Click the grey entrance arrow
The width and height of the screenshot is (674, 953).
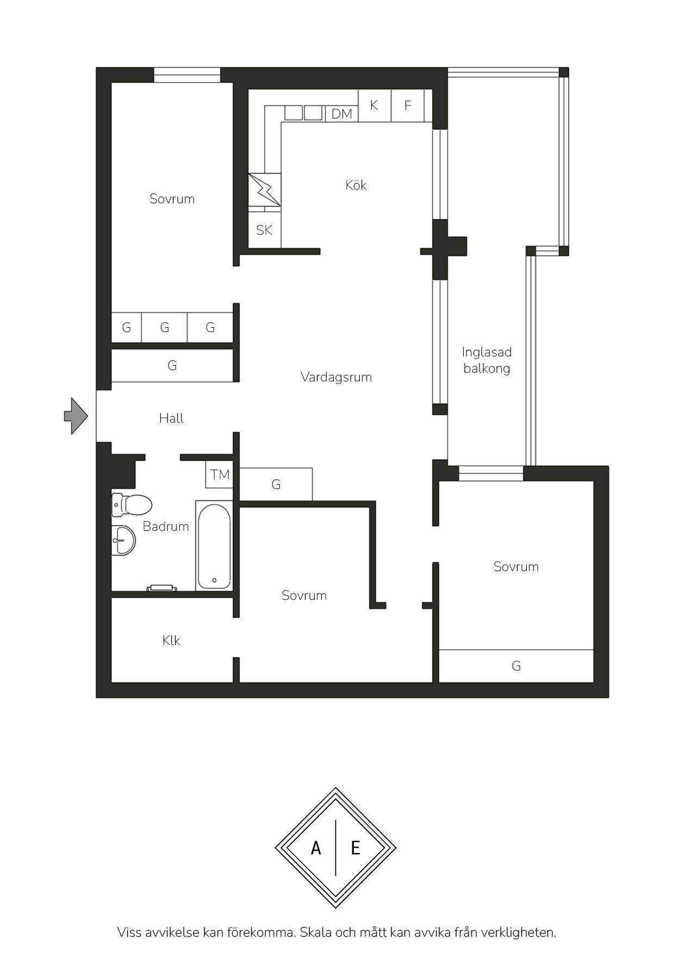(x=76, y=416)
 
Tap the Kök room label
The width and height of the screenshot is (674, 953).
(x=356, y=185)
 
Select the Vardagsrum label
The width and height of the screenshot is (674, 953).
(x=336, y=377)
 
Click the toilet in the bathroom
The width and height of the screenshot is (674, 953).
(x=131, y=504)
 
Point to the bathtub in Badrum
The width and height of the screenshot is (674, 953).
(x=214, y=546)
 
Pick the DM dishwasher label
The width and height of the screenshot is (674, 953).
(x=342, y=114)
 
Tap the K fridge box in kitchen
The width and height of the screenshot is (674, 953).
(x=375, y=105)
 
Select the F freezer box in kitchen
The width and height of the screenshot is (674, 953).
(x=408, y=105)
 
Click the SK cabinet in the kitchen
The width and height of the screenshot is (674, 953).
(x=265, y=230)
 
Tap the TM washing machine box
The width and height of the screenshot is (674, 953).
(x=220, y=474)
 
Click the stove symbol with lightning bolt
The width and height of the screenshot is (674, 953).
(x=265, y=190)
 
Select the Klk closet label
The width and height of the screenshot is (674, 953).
(x=171, y=641)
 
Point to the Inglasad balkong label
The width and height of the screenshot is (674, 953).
(x=487, y=360)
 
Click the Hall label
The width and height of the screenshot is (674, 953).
(x=171, y=418)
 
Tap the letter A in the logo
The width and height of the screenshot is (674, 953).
(x=316, y=848)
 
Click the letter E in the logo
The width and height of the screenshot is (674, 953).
(x=355, y=848)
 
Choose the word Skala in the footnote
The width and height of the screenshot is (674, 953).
(x=320, y=932)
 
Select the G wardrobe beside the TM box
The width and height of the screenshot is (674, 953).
(x=276, y=484)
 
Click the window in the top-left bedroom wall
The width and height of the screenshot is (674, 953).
(x=187, y=75)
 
